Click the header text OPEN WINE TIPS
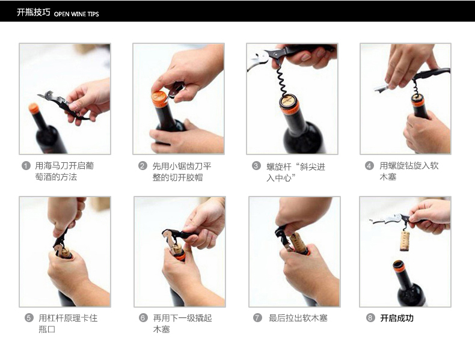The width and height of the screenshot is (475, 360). click(x=76, y=14)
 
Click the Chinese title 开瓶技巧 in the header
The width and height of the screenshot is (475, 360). click(x=33, y=13)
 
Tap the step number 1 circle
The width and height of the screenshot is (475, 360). click(x=26, y=166)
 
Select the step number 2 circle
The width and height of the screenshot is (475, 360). click(x=142, y=166)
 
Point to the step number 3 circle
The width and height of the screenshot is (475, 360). click(x=256, y=166)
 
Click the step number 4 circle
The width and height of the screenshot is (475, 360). click(x=369, y=166)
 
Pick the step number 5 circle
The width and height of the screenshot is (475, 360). click(x=29, y=317)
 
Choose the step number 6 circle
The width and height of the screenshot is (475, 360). click(x=143, y=317)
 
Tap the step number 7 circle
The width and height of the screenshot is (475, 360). click(x=257, y=317)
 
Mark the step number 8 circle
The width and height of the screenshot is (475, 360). click(x=370, y=317)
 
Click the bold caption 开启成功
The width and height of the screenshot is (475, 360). click(x=397, y=318)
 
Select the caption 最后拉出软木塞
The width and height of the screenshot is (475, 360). click(x=298, y=318)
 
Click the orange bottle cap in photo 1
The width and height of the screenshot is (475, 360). click(x=34, y=108)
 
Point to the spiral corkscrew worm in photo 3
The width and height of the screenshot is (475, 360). click(x=281, y=81)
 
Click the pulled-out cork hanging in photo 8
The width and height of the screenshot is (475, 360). click(x=405, y=241)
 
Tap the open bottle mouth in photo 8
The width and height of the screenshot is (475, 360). click(x=399, y=264)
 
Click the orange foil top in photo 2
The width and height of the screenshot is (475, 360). click(x=159, y=99)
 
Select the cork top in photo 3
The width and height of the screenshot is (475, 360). click(x=289, y=100)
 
